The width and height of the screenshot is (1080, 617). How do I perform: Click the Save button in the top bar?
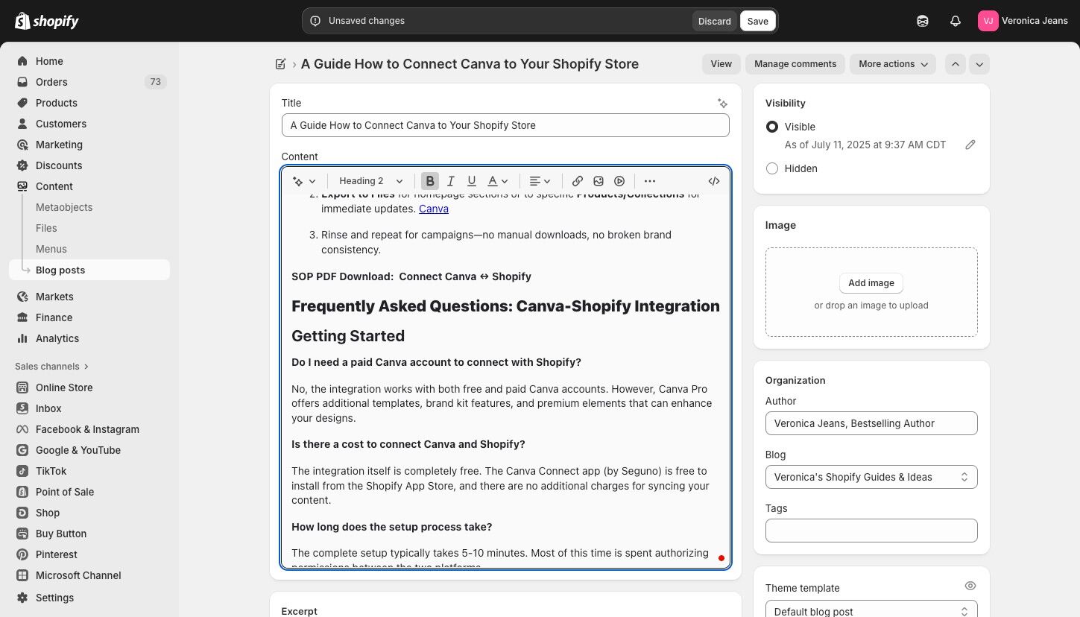(757, 21)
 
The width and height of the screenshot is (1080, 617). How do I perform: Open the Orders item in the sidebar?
(51, 82)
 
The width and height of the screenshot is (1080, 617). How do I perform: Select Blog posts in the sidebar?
(60, 270)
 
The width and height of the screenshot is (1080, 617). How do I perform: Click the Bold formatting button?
(430, 181)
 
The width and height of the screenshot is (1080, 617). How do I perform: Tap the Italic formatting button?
(451, 181)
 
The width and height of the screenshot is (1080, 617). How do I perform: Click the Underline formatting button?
(471, 181)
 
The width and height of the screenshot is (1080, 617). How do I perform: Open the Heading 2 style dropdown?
(370, 181)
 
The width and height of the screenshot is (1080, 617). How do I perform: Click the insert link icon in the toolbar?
(578, 181)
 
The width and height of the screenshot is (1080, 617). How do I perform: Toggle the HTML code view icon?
(714, 181)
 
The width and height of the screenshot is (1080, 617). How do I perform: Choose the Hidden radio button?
(772, 168)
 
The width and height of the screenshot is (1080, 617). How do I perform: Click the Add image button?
(871, 283)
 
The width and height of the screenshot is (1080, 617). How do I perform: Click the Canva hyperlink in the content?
(434, 209)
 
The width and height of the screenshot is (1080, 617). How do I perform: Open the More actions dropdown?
(892, 64)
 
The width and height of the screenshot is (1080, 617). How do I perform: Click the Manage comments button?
(795, 64)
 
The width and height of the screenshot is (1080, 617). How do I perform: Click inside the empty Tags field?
(871, 531)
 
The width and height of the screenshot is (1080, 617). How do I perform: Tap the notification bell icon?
(956, 21)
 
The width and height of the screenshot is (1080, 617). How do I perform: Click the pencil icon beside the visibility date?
(970, 145)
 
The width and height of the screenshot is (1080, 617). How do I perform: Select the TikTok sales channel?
(51, 471)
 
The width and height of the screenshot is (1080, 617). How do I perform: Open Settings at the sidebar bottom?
(54, 598)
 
